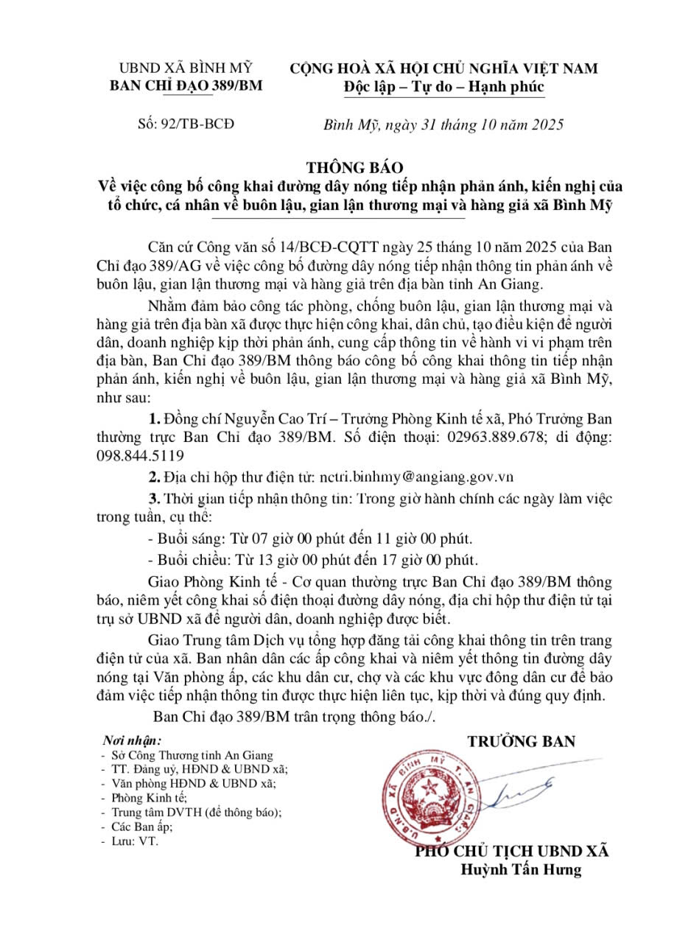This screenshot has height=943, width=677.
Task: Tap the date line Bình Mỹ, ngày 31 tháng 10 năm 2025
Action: [x=444, y=124]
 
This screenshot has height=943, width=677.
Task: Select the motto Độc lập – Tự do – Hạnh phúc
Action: [x=444, y=87]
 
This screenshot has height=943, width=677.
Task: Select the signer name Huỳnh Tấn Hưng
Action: [x=521, y=869]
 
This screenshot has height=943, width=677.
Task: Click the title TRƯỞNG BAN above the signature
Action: [x=521, y=740]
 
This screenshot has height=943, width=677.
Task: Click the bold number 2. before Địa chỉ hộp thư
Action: [x=155, y=477]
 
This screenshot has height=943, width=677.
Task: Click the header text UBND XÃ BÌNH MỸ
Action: [x=186, y=69]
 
